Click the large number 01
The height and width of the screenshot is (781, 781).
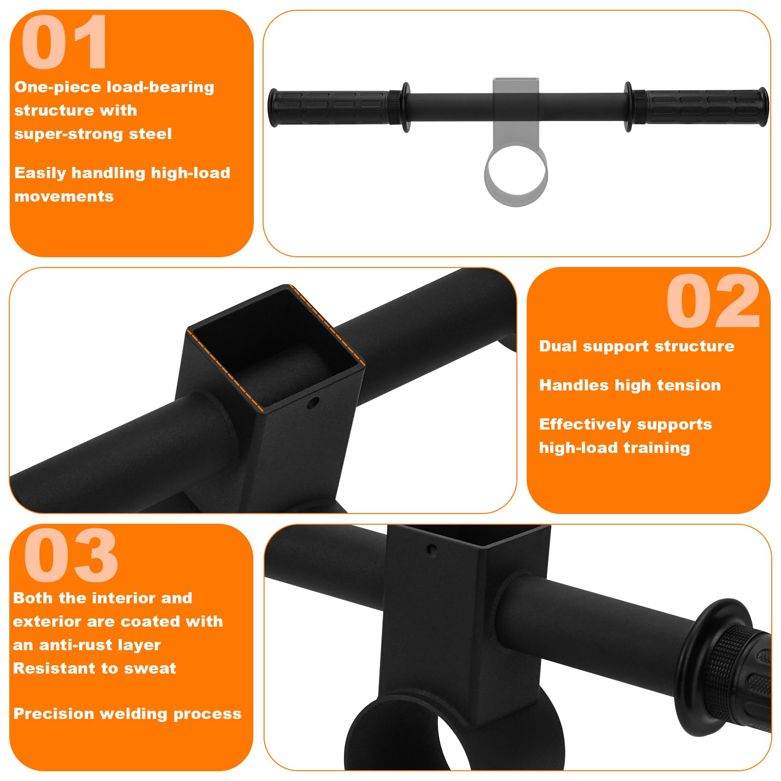point(64,42)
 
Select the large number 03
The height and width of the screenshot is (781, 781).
point(71,555)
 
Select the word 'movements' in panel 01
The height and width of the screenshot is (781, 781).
point(64,196)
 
